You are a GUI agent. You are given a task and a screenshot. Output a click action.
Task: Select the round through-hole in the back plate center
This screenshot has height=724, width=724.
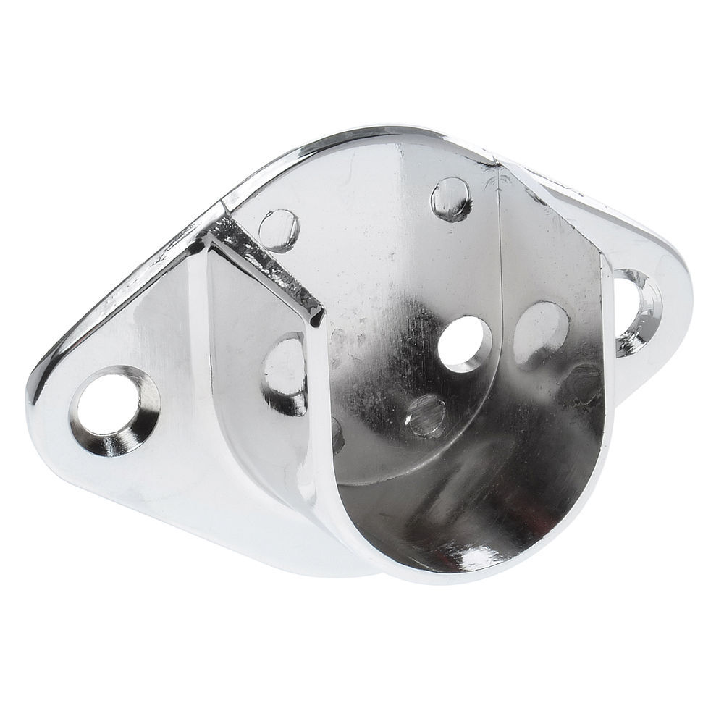pos(465,344)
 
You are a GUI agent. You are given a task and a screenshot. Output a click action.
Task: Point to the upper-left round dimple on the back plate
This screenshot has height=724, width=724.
pos(279,230)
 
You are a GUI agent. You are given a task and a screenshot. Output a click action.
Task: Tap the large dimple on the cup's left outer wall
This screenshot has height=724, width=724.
pos(285,372)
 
